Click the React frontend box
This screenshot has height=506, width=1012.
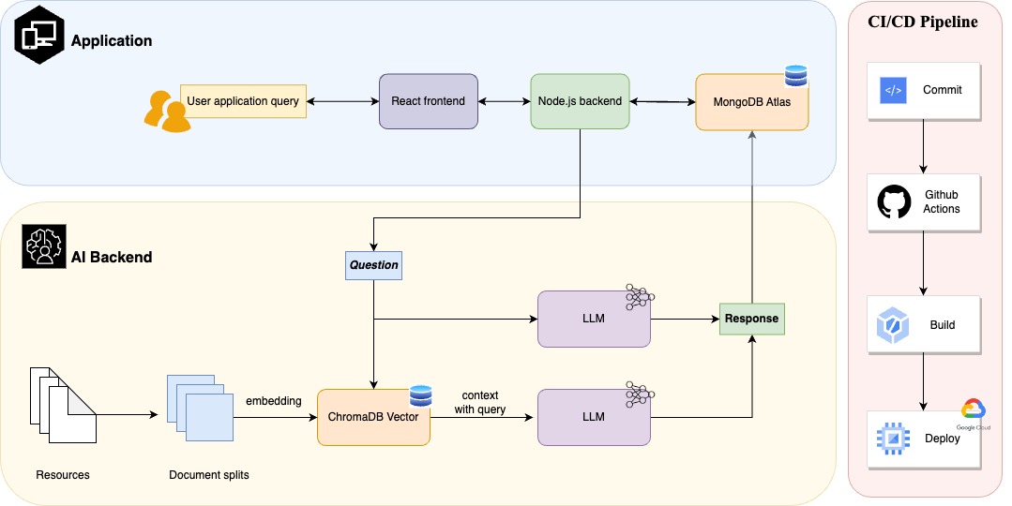tap(429, 101)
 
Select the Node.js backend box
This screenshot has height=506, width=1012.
tap(580, 101)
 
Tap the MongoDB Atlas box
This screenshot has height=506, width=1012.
tap(752, 102)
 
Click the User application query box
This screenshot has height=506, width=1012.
tap(243, 101)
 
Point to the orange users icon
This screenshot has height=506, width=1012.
tap(167, 112)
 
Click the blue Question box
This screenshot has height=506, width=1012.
tap(373, 265)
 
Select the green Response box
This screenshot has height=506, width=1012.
tap(752, 319)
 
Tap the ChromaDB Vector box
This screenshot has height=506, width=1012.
tap(373, 417)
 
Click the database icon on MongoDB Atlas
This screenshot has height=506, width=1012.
tap(795, 75)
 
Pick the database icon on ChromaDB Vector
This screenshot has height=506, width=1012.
tap(421, 395)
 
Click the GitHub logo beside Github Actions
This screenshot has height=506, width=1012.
tap(894, 201)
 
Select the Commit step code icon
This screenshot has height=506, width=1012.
tap(893, 90)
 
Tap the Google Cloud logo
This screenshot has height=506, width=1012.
tap(974, 410)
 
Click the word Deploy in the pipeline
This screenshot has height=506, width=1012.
tap(943, 439)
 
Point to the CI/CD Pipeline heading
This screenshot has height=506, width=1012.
tap(923, 22)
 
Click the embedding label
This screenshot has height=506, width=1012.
tap(274, 401)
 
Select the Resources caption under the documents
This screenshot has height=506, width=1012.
tap(63, 475)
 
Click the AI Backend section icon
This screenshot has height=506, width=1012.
tap(44, 246)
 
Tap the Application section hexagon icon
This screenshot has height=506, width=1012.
tap(39, 35)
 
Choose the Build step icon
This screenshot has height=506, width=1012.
tap(893, 325)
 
